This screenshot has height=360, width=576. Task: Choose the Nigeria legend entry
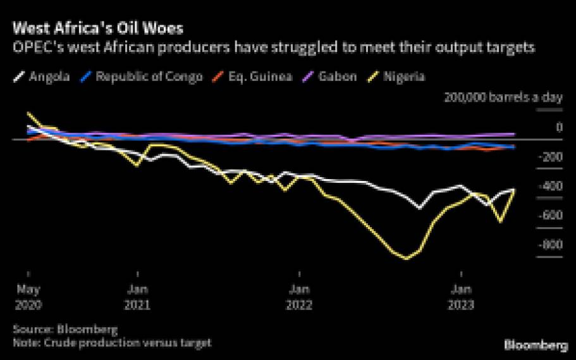pos(405,77)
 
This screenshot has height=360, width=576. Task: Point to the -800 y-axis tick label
pos(549,244)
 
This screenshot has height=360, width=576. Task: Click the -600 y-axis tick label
pos(549,215)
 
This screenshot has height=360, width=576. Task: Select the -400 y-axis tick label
pos(549,186)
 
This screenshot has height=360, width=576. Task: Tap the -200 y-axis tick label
pos(549,157)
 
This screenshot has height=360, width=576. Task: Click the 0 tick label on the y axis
pos(558,128)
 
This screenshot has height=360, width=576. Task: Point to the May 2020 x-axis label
pos(27,297)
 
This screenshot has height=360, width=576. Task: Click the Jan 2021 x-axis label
pos(137,297)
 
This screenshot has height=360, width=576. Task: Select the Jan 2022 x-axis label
pos(299,297)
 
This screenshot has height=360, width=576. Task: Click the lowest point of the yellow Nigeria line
pos(406,258)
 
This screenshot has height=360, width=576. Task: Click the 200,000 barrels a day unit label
pos(503,97)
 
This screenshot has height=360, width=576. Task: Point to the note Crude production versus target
pos(112,342)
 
